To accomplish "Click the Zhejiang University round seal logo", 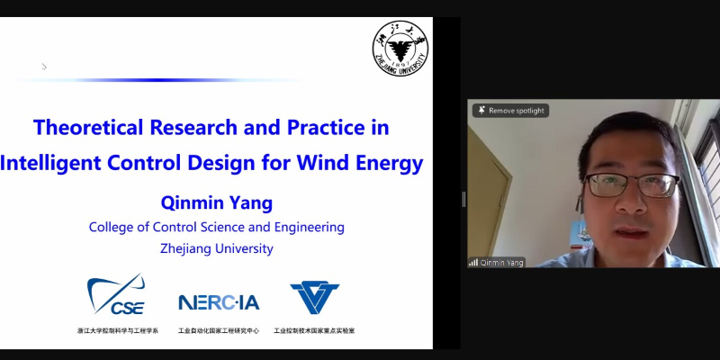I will pyautogui.click(x=400, y=48).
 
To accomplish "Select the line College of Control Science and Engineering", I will pyautogui.click(x=216, y=227).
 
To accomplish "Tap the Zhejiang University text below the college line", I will pyautogui.click(x=216, y=248).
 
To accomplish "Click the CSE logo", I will pyautogui.click(x=117, y=296).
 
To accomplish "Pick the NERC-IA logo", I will pyautogui.click(x=219, y=302).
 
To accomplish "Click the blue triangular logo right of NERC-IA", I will pyautogui.click(x=314, y=298).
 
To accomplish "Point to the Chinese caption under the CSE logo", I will pyautogui.click(x=117, y=330).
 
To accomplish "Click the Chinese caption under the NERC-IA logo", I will pyautogui.click(x=219, y=330).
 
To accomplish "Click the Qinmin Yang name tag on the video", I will pyautogui.click(x=501, y=262).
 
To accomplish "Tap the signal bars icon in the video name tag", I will pyautogui.click(x=473, y=262).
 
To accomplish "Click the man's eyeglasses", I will pyautogui.click(x=632, y=184).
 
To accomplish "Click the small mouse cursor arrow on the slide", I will pyautogui.click(x=44, y=67).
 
